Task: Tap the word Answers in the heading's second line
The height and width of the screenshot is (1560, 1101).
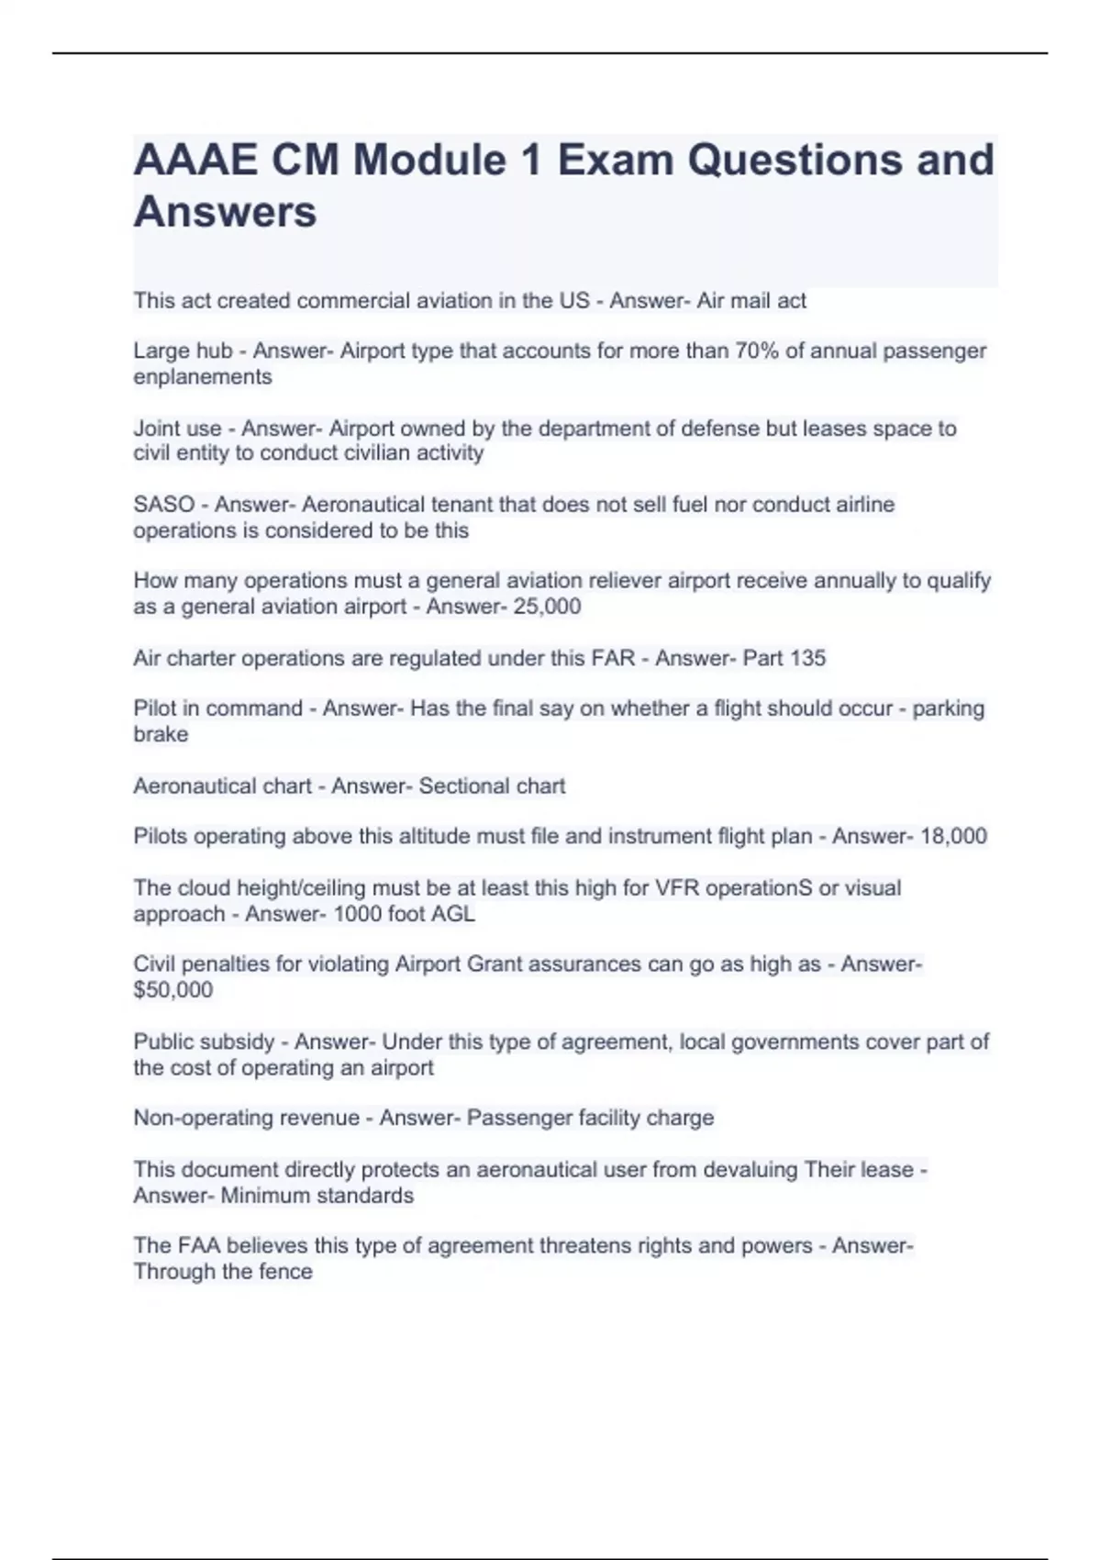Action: (x=225, y=212)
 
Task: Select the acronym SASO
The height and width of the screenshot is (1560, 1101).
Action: (x=163, y=505)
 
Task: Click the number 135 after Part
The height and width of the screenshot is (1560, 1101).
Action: (x=807, y=658)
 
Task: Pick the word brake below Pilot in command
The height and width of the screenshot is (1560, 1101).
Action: (x=161, y=734)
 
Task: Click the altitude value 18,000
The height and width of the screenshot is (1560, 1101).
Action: (x=953, y=836)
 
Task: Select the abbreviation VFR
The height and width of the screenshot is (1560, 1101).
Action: (x=678, y=888)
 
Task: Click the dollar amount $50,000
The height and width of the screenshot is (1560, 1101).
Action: (x=172, y=990)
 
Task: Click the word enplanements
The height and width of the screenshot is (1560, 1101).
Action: (x=202, y=377)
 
